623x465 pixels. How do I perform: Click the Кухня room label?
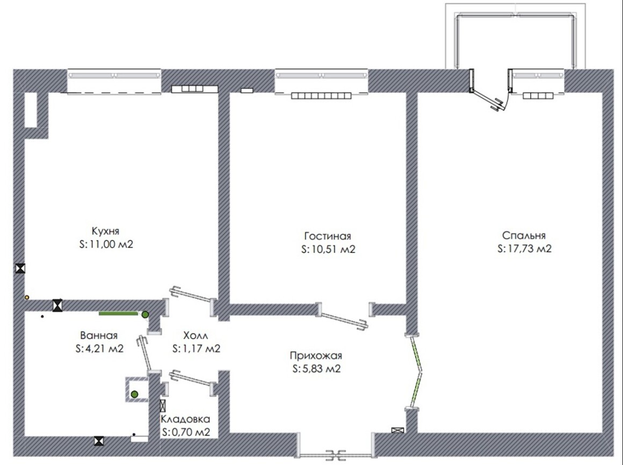pyautogui.click(x=105, y=231)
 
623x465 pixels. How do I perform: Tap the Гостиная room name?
pyautogui.click(x=328, y=236)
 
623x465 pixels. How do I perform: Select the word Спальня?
pyautogui.click(x=524, y=236)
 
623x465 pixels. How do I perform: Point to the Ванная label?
pyautogui.click(x=98, y=336)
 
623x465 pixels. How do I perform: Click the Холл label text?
pyautogui.click(x=195, y=336)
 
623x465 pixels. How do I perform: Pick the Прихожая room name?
pyautogui.click(x=316, y=355)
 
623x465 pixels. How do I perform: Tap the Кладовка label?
pyautogui.click(x=185, y=419)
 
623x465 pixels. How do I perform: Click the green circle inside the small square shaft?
pyautogui.click(x=135, y=394)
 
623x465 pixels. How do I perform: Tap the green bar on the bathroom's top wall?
pyautogui.click(x=118, y=314)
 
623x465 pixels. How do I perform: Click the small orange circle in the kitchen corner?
pyautogui.click(x=27, y=297)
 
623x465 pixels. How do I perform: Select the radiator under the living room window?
pyautogui.click(x=321, y=95)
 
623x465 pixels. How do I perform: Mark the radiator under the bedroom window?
pyautogui.click(x=538, y=96)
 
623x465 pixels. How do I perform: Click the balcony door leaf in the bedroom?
pyautogui.click(x=489, y=100)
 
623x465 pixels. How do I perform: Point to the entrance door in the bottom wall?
pyautogui.click(x=336, y=454)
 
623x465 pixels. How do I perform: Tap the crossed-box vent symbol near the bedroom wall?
pyautogui.click(x=397, y=430)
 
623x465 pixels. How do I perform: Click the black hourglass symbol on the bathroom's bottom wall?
pyautogui.click(x=99, y=441)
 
